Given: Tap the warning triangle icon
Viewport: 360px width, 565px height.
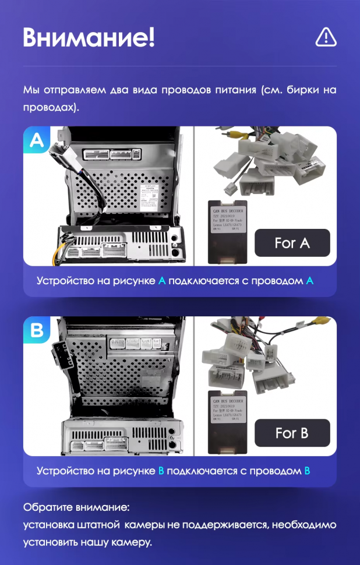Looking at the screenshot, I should coord(326,37).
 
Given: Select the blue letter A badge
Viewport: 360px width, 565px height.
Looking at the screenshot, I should coord(37,140).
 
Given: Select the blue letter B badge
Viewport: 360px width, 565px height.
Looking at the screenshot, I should coord(37,331).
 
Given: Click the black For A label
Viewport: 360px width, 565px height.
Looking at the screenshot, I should coord(292,243).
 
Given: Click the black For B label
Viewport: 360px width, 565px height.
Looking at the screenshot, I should coord(292,433).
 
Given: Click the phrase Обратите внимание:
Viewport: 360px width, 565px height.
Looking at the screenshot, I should coord(76,507).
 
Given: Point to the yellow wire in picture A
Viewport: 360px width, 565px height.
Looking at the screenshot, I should coord(59,254).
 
